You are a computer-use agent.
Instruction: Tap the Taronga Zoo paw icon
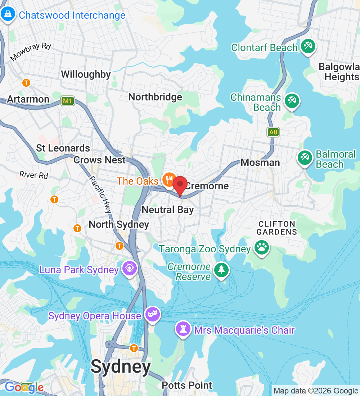pos(262,247)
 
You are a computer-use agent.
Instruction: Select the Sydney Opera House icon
pos(153,314)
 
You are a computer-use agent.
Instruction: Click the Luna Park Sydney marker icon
pos(130,268)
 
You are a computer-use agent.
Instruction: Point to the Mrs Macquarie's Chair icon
pos(183,328)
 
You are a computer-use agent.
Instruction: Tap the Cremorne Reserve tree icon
pos(221,270)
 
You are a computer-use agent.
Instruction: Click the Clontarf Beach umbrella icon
pos(308,46)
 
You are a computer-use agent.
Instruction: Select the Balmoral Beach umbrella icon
pos(305,158)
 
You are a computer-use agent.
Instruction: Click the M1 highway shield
pos(67,101)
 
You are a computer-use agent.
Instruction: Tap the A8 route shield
pos(273,132)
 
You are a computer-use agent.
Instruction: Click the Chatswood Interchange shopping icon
pos(7,14)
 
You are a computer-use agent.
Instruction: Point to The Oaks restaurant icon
pos(168,179)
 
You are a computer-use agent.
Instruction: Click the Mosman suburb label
pos(260,162)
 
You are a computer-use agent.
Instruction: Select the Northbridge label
pos(155,97)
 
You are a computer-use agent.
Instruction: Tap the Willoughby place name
pos(86,75)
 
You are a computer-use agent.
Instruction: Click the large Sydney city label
pos(121,367)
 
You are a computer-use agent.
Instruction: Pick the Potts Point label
pos(187,386)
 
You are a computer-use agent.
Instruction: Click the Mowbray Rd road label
pos(31,52)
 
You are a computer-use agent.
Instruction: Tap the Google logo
pos(24,387)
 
